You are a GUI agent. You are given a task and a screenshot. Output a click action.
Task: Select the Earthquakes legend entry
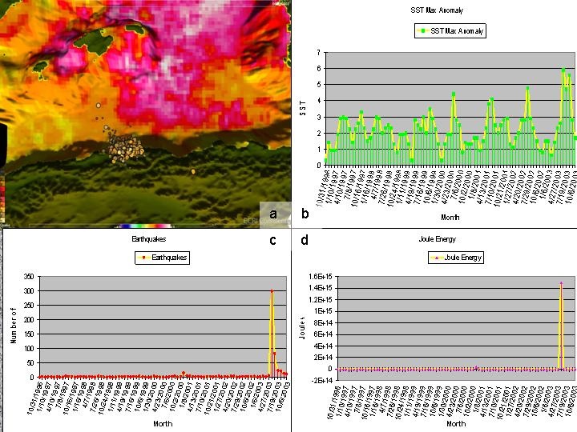click(161, 258)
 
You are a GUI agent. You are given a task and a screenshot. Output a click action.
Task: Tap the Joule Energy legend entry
click(454, 258)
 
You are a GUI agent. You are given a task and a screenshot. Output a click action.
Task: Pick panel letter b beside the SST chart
click(305, 214)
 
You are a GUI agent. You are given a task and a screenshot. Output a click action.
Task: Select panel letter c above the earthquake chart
click(272, 239)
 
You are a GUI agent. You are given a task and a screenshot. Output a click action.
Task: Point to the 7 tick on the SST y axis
click(318, 53)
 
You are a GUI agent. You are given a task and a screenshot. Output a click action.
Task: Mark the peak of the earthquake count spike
click(272, 291)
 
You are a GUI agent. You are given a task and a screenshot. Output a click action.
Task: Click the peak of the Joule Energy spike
click(561, 283)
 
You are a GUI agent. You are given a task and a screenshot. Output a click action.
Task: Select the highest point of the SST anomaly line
click(564, 70)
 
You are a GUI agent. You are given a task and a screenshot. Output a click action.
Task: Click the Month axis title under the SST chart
click(449, 216)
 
